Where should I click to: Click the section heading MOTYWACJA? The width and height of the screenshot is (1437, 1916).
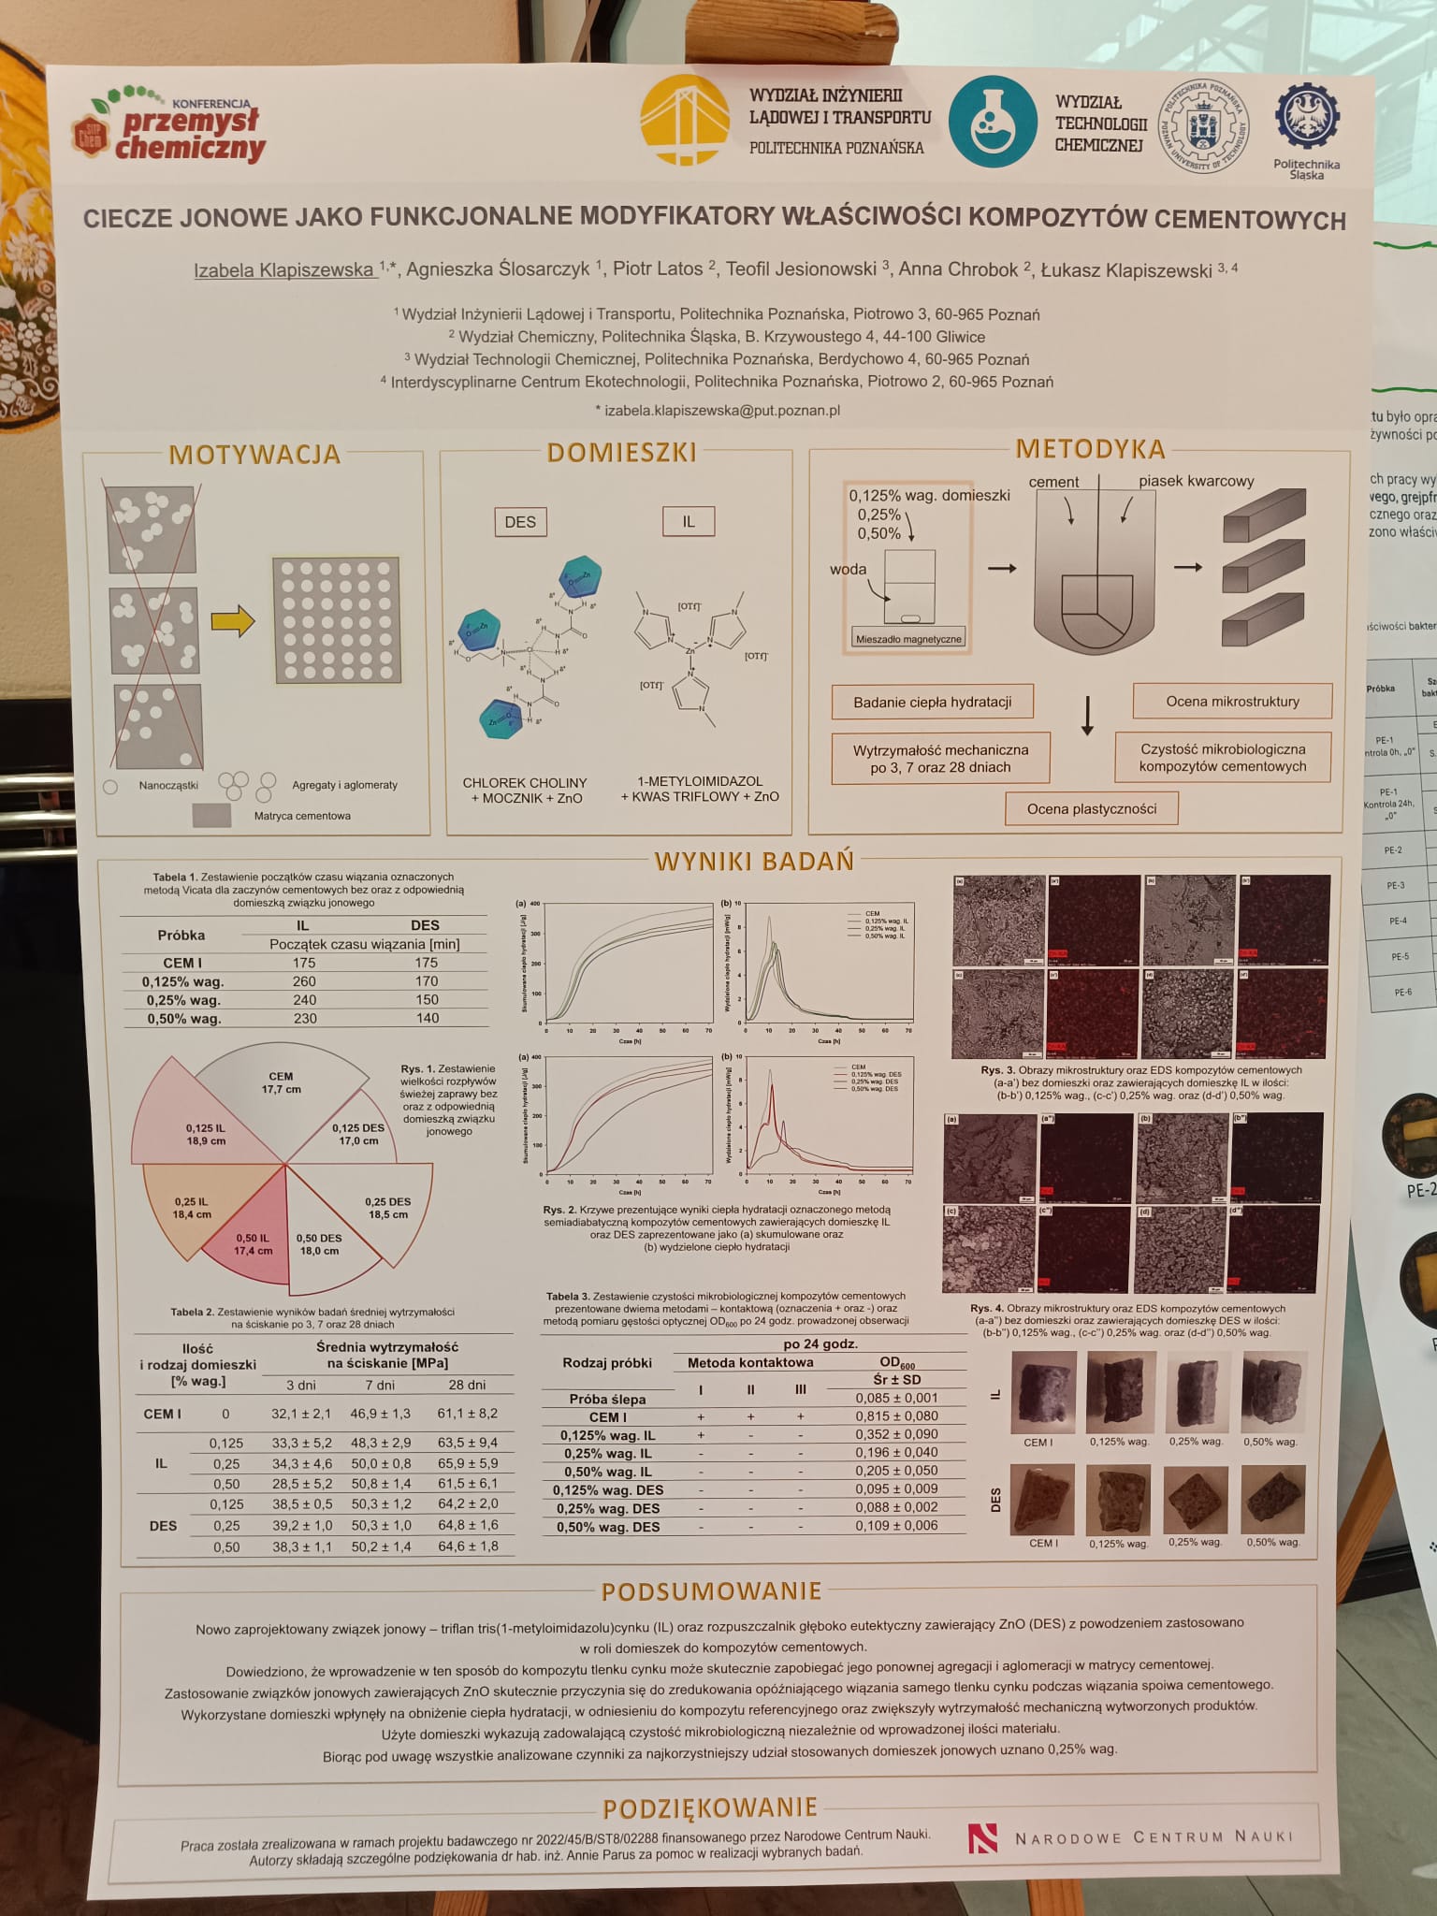click(x=254, y=455)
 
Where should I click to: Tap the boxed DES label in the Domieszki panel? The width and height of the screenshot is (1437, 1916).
click(x=520, y=521)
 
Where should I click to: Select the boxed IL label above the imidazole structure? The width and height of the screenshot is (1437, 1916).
click(x=689, y=521)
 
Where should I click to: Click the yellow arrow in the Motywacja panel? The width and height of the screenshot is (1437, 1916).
click(x=233, y=620)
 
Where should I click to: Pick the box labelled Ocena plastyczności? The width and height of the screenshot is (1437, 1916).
click(x=1091, y=808)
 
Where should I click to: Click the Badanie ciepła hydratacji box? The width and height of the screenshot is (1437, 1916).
click(x=932, y=702)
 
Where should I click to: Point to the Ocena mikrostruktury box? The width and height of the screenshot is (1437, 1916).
click(x=1232, y=701)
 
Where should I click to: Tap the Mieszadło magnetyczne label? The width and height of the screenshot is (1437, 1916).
click(x=907, y=640)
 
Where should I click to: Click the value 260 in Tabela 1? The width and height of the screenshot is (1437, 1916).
click(x=304, y=981)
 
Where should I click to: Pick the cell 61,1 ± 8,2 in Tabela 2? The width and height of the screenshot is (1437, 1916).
click(x=468, y=1414)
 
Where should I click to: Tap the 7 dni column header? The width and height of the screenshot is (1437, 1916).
click(x=380, y=1385)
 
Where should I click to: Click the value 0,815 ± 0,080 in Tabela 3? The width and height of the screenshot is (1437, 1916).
click(x=896, y=1416)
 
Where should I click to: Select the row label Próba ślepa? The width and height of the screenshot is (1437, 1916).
click(x=607, y=1399)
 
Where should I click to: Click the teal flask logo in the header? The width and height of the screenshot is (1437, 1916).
click(x=993, y=123)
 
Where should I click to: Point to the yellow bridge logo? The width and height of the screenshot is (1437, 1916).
click(x=685, y=121)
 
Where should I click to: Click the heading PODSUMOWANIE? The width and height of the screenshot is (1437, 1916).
click(x=711, y=1591)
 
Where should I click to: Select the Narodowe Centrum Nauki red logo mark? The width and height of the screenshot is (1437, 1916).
click(x=983, y=1837)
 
